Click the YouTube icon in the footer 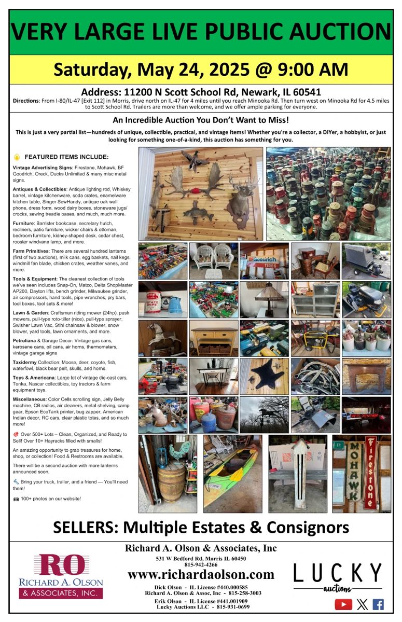pos(343,604)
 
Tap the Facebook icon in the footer pos(378,604)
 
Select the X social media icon pos(362,604)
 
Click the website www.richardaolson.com pos(201,574)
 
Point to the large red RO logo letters pos(60,566)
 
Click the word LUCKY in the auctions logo pos(337,574)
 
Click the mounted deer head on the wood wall pos(239,195)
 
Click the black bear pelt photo pos(264,376)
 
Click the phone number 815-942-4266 pos(201,564)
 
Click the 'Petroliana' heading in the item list pos(26,340)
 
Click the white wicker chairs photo pos(213,261)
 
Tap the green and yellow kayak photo pos(232,473)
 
